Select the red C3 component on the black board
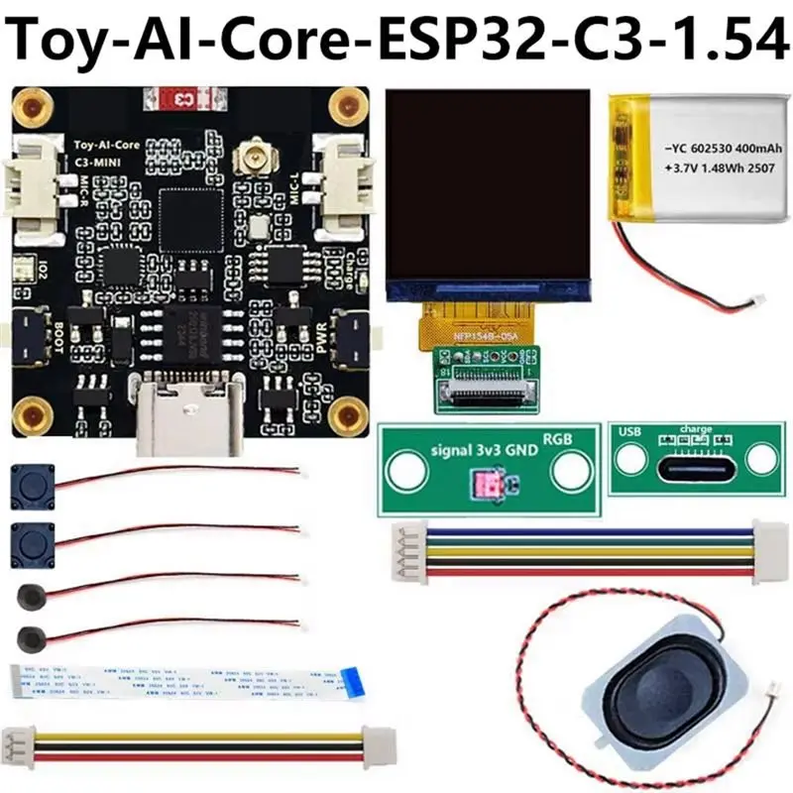tap(183, 99)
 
